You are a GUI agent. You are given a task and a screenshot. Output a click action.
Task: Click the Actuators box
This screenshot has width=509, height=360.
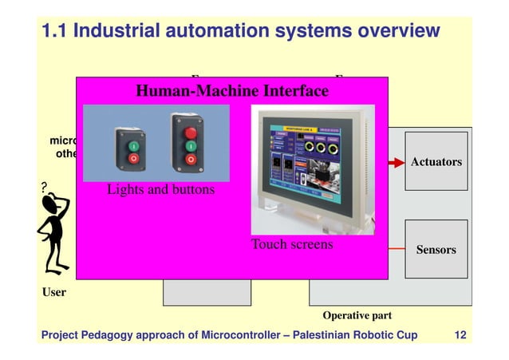[436, 162]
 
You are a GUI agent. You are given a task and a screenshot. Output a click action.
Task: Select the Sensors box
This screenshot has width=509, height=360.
[436, 249]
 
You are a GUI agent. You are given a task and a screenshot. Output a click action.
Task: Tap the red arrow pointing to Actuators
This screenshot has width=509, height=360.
[396, 162]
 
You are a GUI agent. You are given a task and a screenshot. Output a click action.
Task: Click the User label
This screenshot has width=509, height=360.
[54, 292]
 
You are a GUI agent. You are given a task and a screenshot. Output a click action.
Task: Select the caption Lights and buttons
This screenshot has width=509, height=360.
[160, 191]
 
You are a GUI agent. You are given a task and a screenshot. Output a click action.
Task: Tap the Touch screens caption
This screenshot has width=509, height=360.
[292, 244]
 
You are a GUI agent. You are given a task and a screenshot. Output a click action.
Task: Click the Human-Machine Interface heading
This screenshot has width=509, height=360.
[232, 91]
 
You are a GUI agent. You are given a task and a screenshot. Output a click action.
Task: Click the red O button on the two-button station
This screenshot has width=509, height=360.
[134, 159]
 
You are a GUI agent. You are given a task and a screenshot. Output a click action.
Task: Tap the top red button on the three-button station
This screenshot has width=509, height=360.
[190, 133]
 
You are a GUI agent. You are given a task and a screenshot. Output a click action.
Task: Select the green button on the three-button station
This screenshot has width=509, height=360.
[190, 147]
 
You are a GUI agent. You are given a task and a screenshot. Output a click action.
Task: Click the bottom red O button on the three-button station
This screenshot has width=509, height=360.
[190, 160]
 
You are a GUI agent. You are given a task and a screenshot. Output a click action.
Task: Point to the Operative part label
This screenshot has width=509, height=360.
[357, 315]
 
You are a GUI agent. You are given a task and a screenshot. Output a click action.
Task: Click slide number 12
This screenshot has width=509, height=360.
[460, 334]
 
